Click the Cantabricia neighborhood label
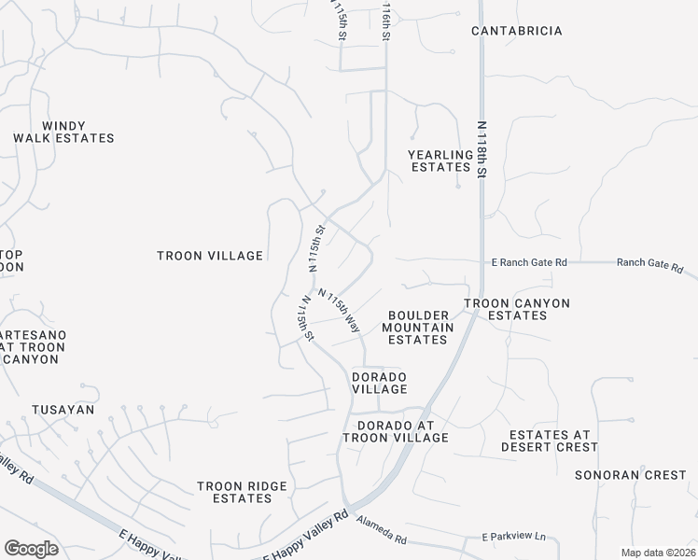click(516, 31)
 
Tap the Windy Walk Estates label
click(63, 133)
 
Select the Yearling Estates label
click(440, 161)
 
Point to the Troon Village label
click(210, 256)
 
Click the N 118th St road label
click(482, 148)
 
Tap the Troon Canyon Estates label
click(517, 310)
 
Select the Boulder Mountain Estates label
click(417, 328)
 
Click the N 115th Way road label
click(340, 311)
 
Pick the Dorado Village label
click(379, 383)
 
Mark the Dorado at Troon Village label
click(396, 431)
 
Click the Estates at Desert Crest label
click(553, 441)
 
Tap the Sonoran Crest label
click(630, 475)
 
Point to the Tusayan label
click(60, 410)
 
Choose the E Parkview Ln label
click(513, 537)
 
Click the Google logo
click(31, 549)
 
